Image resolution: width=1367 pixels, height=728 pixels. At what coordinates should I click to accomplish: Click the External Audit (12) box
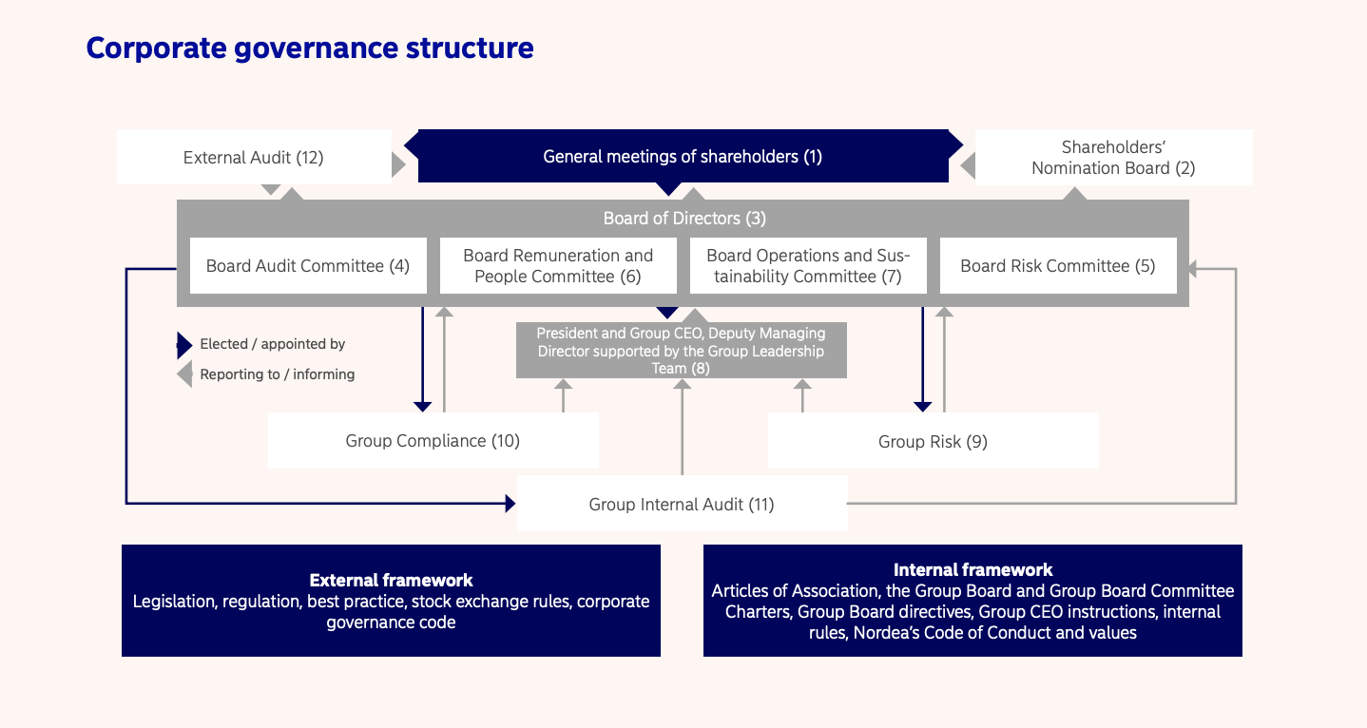coord(253,157)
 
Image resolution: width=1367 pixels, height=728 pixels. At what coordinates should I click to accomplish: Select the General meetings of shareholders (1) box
coord(683,157)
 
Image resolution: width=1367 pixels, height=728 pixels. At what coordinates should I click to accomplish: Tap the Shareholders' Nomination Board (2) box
coord(1113,157)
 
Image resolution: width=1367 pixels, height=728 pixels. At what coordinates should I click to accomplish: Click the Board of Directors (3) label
coord(684,219)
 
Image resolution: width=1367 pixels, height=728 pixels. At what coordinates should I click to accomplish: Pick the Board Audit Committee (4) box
coord(307,266)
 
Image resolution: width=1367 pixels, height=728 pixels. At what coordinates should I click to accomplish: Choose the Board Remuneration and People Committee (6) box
coord(558,266)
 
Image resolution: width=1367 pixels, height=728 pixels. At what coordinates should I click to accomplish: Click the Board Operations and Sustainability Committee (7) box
coord(808,266)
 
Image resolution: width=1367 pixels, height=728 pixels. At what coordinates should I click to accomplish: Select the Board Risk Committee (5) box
coord(1057,266)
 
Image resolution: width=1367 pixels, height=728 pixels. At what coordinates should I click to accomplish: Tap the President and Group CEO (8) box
coord(681,351)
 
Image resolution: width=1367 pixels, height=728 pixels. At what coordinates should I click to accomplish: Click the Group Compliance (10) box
coord(433,441)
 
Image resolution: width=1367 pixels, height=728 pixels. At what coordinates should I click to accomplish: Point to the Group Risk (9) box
coord(933,441)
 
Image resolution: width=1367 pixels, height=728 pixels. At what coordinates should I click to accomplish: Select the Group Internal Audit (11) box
coord(682,504)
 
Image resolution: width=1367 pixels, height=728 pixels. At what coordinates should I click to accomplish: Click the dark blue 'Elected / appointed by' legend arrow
coord(184,345)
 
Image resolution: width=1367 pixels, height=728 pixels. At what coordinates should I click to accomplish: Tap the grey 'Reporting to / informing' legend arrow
coord(184,374)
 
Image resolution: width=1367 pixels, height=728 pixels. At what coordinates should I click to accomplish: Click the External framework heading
coord(391,580)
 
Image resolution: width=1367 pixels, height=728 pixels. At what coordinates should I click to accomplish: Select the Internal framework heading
coord(972,570)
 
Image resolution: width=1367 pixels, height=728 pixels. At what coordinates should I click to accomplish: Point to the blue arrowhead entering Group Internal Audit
coord(510,504)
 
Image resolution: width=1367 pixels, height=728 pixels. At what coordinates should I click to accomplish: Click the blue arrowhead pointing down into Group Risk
coord(922,407)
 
